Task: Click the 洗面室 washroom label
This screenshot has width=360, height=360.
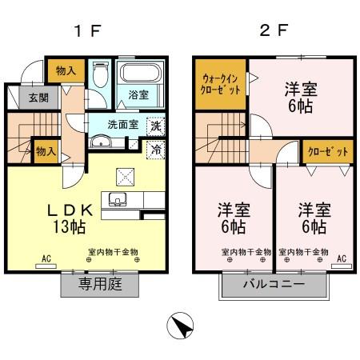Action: [x=124, y=124]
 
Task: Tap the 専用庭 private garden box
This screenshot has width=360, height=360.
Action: [x=99, y=284]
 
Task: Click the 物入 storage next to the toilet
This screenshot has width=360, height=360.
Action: [x=66, y=70]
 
